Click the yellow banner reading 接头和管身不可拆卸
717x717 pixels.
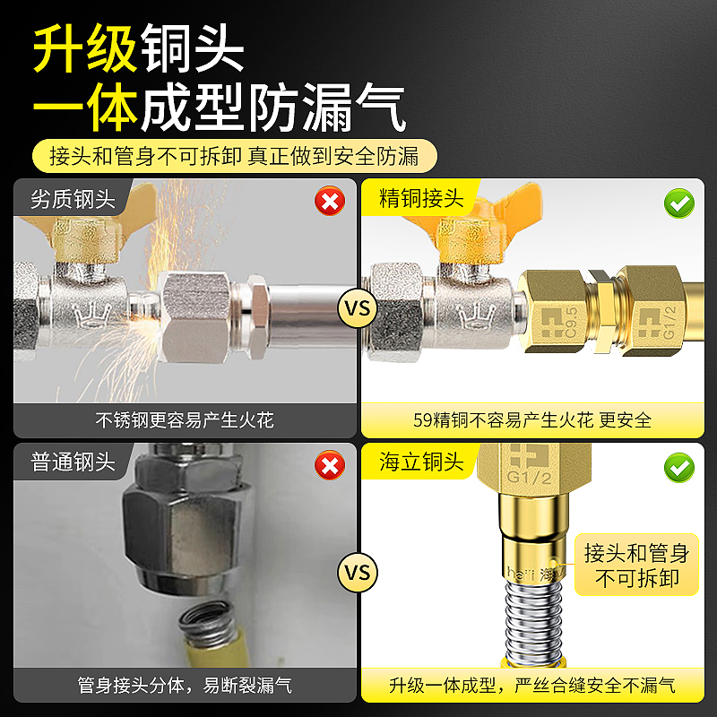coord(234,156)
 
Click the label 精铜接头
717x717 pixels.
coord(422,199)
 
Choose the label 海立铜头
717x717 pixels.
coord(422,462)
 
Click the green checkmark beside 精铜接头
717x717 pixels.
coord(679,203)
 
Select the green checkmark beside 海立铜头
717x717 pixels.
coord(679,466)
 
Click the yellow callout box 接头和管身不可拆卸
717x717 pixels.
coord(636,564)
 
